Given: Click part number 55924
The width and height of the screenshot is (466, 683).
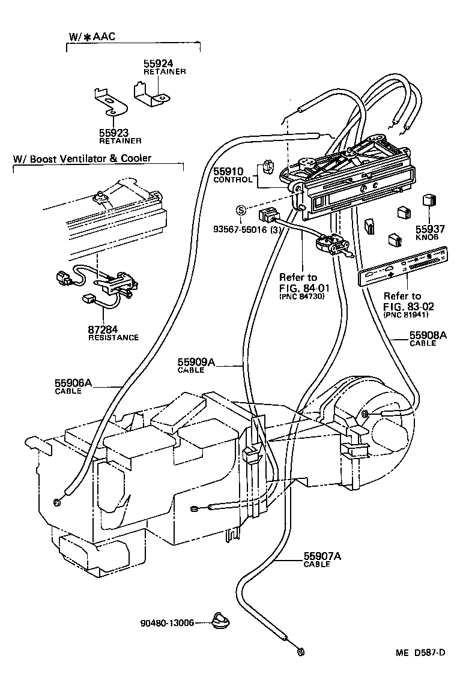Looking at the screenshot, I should [157, 63].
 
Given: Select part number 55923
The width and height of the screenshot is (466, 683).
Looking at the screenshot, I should [115, 133].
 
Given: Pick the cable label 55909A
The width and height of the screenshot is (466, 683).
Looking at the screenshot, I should [196, 363].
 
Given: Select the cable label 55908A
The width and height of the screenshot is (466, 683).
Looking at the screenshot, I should [428, 335].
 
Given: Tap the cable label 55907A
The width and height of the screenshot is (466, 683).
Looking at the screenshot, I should [322, 556].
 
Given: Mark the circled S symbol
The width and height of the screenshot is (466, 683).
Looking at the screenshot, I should [240, 210].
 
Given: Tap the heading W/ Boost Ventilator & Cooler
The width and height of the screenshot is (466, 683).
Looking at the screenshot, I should [82, 158].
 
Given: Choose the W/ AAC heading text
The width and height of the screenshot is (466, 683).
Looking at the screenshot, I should [92, 37].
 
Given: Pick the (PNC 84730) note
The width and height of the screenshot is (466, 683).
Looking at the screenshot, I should [301, 296].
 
